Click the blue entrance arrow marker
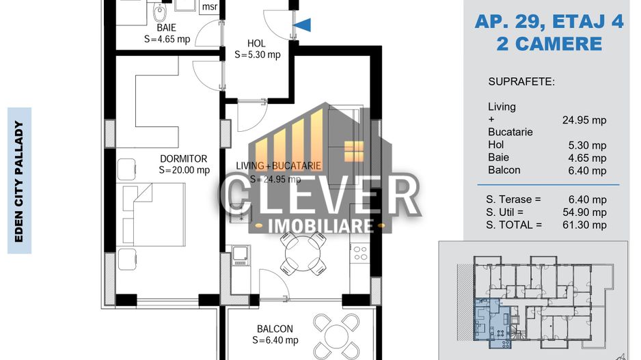coord(302,25)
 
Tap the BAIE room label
coord(166,28)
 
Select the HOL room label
coord(256,43)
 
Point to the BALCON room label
coord(275,329)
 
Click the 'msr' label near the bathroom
coord(209,8)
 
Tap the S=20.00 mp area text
coord(184,171)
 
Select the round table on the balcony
coord(340,335)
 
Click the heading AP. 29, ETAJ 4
coord(549,22)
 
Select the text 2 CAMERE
coord(549,44)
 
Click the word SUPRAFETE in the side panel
coord(521,82)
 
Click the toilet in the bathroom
coord(160,10)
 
